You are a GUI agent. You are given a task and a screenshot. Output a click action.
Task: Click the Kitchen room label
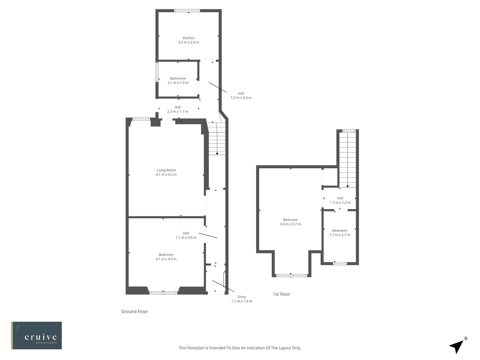[x=188, y=38]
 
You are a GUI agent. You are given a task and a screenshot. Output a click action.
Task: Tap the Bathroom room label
[x=178, y=79]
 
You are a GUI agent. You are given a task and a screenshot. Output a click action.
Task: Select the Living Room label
[x=166, y=170]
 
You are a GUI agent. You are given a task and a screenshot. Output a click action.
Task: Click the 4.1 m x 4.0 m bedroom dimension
[x=166, y=259]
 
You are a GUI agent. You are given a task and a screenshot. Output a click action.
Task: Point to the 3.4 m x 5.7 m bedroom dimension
[x=290, y=224]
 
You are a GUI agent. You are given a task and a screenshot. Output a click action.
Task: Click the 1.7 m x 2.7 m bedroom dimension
[x=340, y=235]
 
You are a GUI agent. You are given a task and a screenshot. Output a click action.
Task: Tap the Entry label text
[x=242, y=297]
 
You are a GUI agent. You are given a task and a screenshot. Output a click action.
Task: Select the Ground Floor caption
[x=134, y=312]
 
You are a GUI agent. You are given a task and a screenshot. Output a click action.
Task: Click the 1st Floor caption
[x=281, y=294]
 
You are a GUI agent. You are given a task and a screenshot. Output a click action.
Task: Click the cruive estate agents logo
[x=36, y=335]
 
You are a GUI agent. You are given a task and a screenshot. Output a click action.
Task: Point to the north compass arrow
[x=457, y=346]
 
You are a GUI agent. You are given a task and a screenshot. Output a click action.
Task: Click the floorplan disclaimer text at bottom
[x=240, y=348]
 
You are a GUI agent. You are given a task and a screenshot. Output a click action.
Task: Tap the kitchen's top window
[x=187, y=11]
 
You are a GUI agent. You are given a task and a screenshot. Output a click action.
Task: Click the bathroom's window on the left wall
[x=157, y=72]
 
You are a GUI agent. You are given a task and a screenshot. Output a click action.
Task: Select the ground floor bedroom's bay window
[x=163, y=293]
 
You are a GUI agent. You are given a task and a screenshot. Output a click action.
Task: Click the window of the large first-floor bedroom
[x=291, y=275]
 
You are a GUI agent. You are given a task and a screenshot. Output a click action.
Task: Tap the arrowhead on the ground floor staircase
[x=217, y=153]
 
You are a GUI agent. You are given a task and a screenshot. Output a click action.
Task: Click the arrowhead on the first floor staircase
[x=348, y=186]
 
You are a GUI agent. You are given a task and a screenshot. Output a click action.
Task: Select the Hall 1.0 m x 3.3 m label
[x=241, y=96]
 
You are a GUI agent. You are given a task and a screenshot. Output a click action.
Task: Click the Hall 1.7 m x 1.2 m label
[x=340, y=200]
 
